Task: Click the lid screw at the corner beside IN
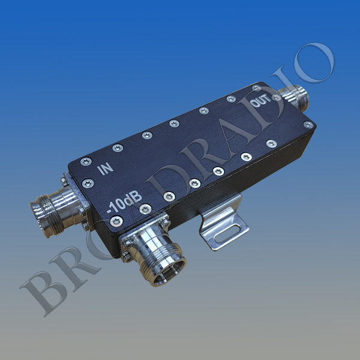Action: (86, 160)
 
